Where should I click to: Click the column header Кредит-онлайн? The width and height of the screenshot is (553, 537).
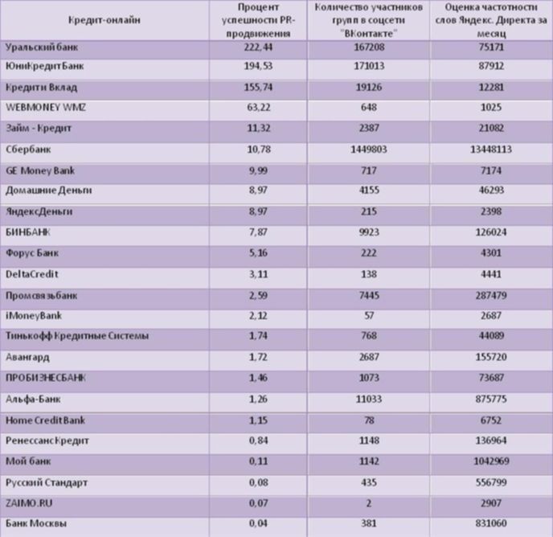coord(104,20)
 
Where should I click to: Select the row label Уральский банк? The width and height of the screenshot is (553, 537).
coord(42,47)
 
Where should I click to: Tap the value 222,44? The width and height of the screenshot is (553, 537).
coord(258,47)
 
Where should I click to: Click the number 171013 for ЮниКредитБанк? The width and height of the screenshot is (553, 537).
coord(369,66)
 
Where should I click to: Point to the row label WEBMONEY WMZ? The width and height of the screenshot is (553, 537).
coord(46,107)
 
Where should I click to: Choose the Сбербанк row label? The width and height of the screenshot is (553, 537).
coord(28,150)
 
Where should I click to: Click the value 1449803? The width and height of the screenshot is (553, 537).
coord(369,150)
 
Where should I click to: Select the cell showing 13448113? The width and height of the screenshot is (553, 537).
coord(491,150)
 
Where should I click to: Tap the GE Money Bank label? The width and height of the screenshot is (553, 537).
coord(40,170)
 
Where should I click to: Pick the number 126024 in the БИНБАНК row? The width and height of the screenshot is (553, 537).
coord(491,232)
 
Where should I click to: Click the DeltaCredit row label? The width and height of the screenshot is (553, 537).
coord(31,274)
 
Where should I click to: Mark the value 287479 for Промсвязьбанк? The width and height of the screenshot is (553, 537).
coord(491,295)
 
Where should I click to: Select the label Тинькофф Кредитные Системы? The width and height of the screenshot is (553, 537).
coord(77,336)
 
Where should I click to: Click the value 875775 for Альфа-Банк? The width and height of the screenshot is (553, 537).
coord(491,399)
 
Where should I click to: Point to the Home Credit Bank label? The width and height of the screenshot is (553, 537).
coord(45,420)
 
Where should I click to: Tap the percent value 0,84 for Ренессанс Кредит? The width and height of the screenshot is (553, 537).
coord(259,441)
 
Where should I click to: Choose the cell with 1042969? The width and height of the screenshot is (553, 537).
coord(491,461)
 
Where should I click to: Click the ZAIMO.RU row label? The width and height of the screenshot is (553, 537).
coord(29,503)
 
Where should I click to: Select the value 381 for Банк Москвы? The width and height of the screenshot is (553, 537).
coord(369,523)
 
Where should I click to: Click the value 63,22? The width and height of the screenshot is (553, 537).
coord(259,107)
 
